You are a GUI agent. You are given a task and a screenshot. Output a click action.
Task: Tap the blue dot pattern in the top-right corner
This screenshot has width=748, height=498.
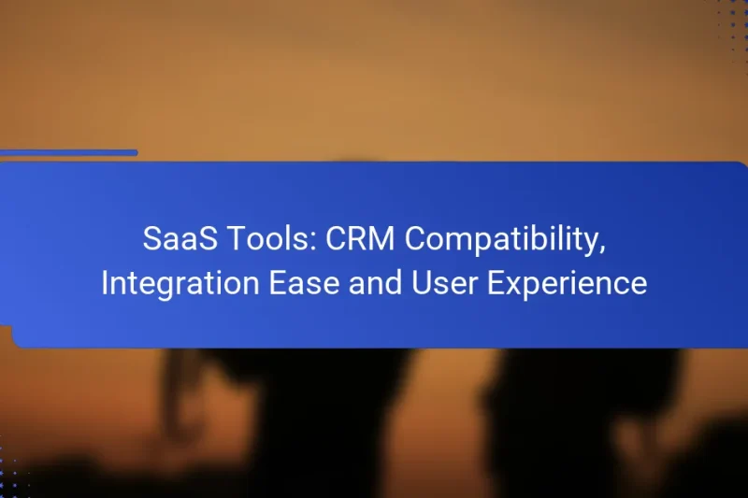pyautogui.click(x=733, y=23)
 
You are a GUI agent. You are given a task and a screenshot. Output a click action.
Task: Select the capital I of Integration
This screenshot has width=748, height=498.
pyautogui.click(x=105, y=283)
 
